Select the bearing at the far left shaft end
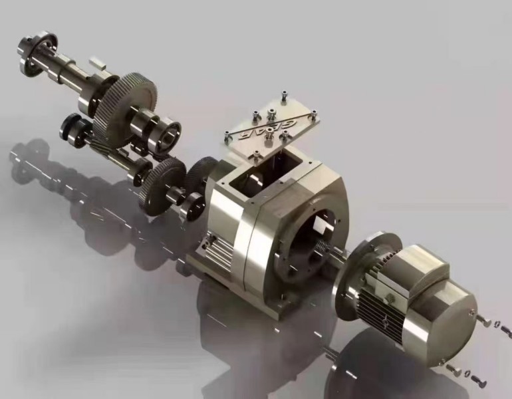pyautogui.click(x=37, y=51)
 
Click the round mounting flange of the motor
pyautogui.click(x=359, y=273)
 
